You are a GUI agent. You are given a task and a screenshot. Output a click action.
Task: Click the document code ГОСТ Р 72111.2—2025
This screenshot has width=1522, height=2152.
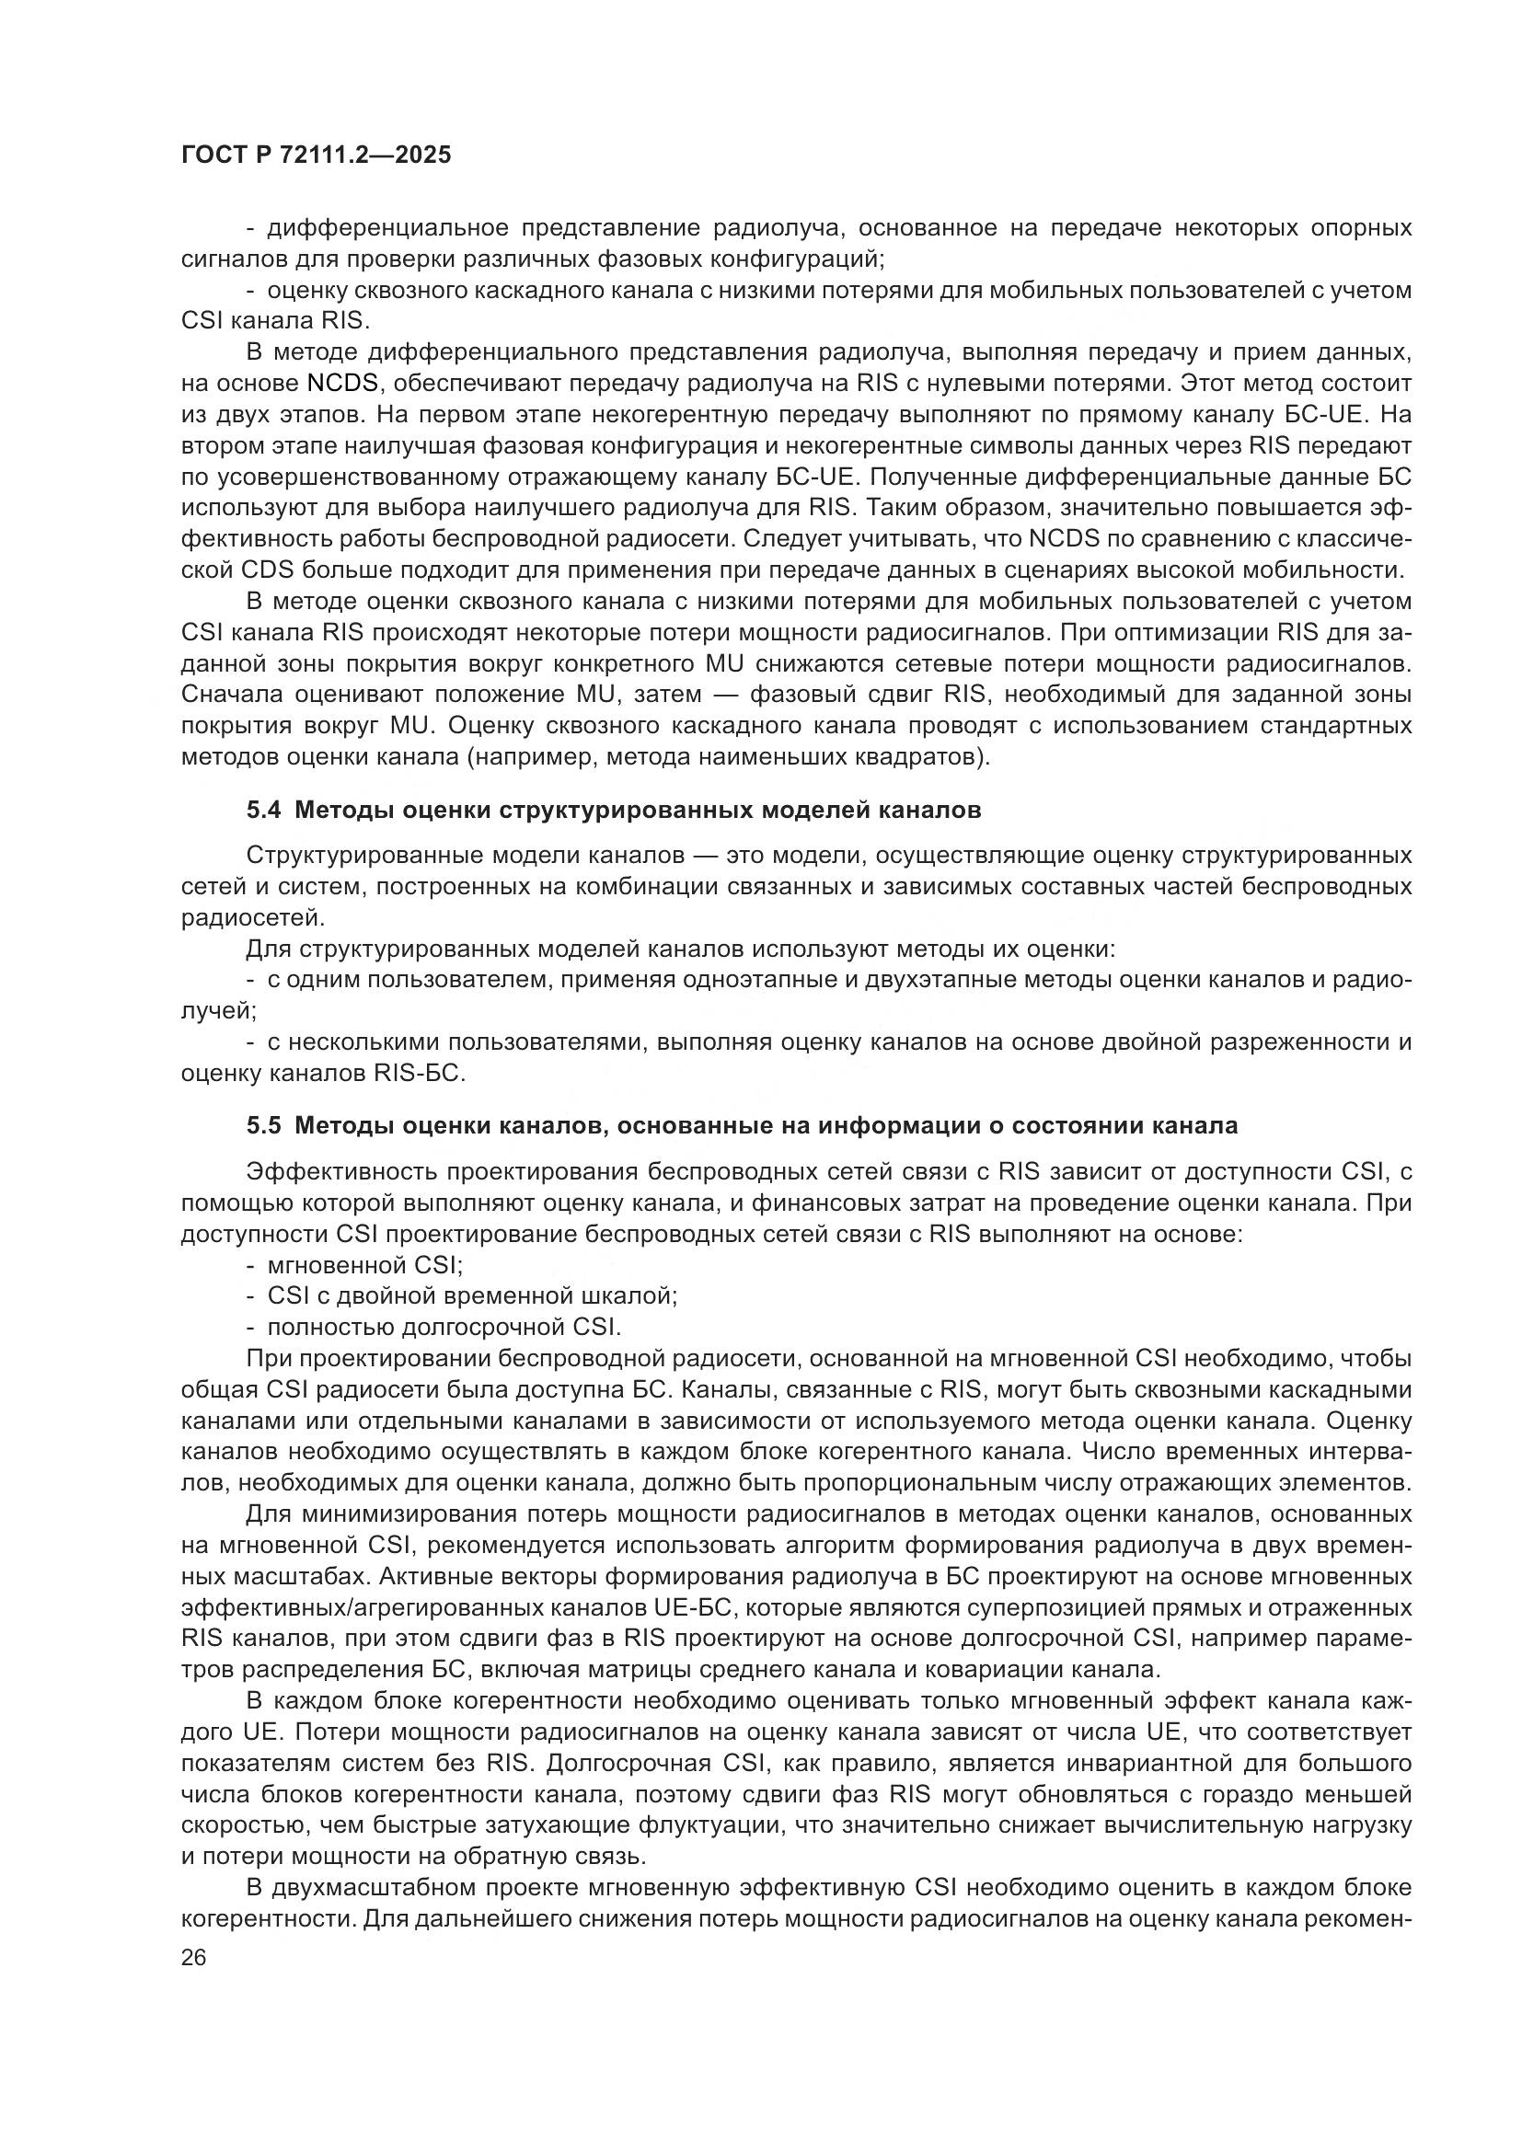[x=315, y=155]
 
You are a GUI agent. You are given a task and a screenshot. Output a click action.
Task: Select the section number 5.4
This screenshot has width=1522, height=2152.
[x=263, y=810]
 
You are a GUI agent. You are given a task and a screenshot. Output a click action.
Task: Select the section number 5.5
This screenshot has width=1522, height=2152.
[x=263, y=1125]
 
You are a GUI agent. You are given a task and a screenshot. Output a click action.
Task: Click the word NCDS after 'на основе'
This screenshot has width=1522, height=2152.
[x=342, y=384]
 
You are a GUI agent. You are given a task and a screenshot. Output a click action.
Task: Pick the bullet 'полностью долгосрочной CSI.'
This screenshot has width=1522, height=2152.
[x=444, y=1328]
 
